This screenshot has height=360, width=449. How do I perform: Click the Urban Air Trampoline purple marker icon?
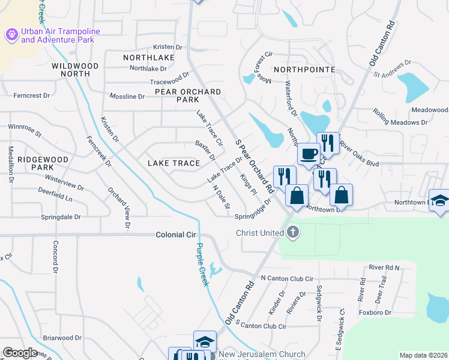pyautogui.click(x=11, y=35)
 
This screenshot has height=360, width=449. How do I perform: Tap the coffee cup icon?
pyautogui.click(x=309, y=154)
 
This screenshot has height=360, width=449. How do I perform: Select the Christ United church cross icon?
pyautogui.click(x=293, y=233)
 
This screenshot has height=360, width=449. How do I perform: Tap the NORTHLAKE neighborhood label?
pyautogui.click(x=148, y=58)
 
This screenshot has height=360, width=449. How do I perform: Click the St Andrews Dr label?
pyautogui.click(x=392, y=68)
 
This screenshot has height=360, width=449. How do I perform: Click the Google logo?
pyautogui.click(x=20, y=353)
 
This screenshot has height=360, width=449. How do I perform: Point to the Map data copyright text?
pyautogui.click(x=423, y=355)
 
